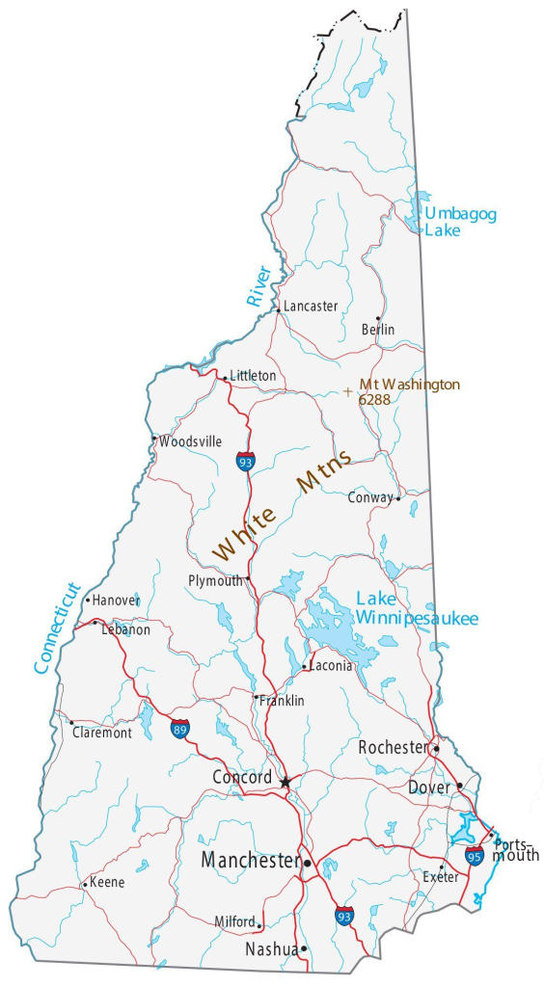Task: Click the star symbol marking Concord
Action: [285, 782]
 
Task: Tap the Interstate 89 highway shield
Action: [179, 729]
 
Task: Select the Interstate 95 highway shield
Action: [474, 854]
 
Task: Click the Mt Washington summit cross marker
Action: [348, 391]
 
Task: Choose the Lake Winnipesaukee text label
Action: [417, 609]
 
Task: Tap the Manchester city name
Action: [250, 860]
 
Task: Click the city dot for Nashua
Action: [305, 948]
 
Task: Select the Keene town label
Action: [107, 882]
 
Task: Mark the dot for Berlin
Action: [378, 318]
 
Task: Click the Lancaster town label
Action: [311, 307]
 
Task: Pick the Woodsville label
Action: [191, 441]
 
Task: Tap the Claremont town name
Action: [101, 733]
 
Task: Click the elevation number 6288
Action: [374, 398]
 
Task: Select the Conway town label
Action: [370, 498]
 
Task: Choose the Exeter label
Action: [441, 877]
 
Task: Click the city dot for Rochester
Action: [436, 748]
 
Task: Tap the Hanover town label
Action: [116, 600]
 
